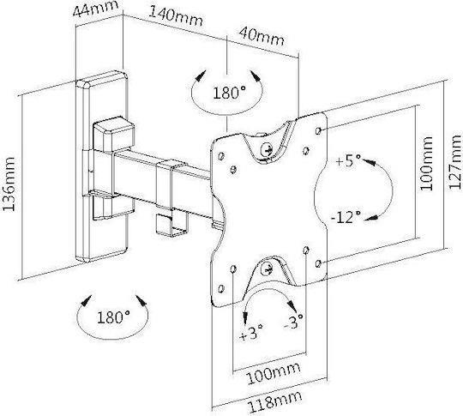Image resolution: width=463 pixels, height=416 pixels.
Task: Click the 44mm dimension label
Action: [95, 9]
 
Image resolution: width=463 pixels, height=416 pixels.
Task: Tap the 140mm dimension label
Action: [177, 16]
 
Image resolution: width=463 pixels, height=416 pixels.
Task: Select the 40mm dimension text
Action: [262, 36]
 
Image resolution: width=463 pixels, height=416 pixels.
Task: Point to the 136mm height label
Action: [9, 184]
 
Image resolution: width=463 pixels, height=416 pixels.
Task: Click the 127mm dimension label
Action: [454, 161]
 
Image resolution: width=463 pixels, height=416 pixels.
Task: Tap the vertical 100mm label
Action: [425, 163]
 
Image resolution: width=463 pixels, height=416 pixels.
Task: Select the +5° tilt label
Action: [348, 160]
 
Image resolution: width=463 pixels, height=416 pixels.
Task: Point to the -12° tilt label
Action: [346, 218]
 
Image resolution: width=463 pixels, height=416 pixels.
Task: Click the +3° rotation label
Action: [251, 333]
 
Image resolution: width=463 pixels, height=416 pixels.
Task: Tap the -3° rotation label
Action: [293, 322]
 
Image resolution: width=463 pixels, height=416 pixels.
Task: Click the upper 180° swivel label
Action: [229, 93]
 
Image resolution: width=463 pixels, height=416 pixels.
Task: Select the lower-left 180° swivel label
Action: [114, 317]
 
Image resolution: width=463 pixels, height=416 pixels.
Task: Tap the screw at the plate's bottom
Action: [268, 269]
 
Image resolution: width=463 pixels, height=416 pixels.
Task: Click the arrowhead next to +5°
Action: [369, 162]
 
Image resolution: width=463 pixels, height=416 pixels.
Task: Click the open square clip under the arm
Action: [171, 225]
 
